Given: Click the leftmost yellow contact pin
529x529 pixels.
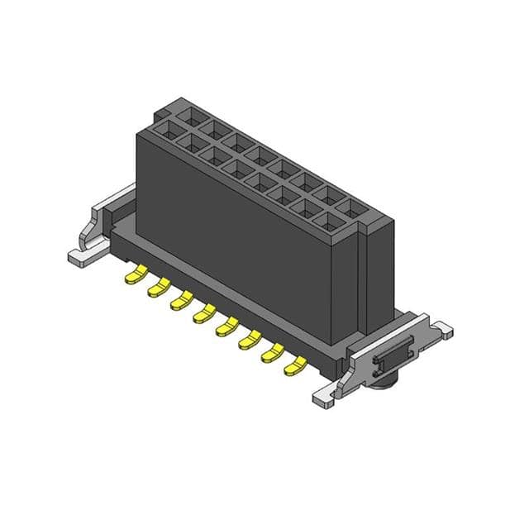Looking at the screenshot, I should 135,274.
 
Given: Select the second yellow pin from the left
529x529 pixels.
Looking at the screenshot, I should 158,288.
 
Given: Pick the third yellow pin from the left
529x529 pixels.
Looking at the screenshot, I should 181,301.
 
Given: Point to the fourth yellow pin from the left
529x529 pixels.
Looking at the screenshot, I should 203,314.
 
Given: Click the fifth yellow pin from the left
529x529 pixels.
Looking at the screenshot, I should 226,327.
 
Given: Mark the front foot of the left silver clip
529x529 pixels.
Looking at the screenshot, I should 83,257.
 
